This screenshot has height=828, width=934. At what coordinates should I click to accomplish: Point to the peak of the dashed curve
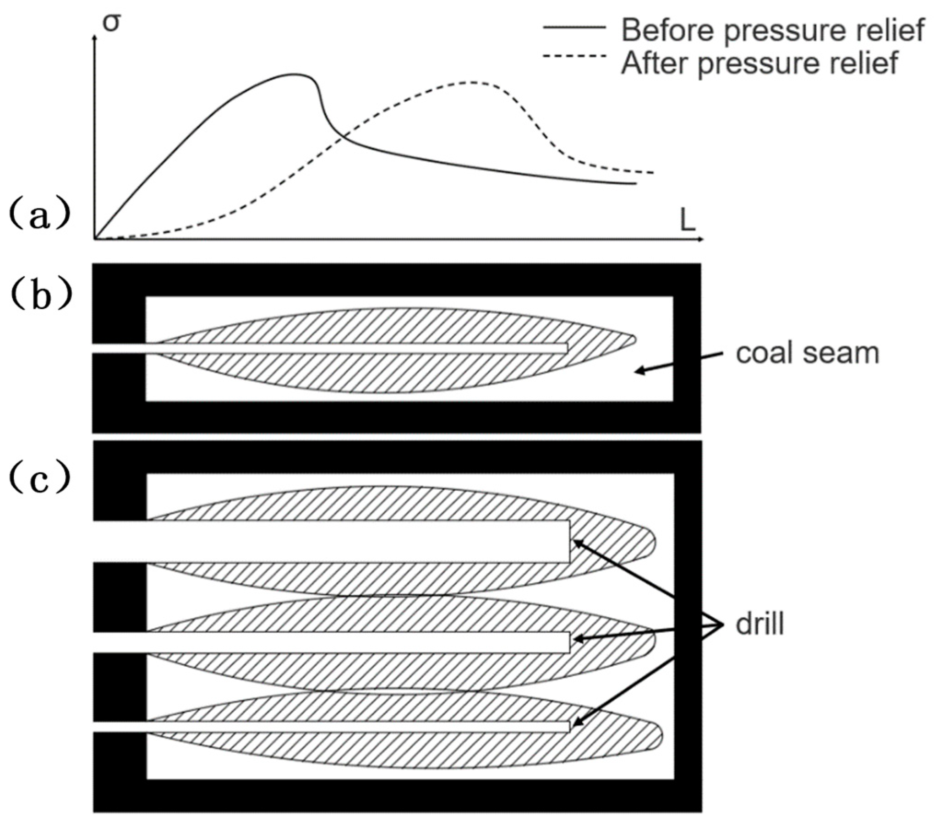472,82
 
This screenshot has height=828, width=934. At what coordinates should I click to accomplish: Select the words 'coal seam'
808,354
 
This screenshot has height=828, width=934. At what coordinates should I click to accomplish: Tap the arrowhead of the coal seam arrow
640,371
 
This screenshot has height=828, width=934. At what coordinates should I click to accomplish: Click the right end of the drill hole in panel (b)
566,348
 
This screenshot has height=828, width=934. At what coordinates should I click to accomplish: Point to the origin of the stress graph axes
95,239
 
